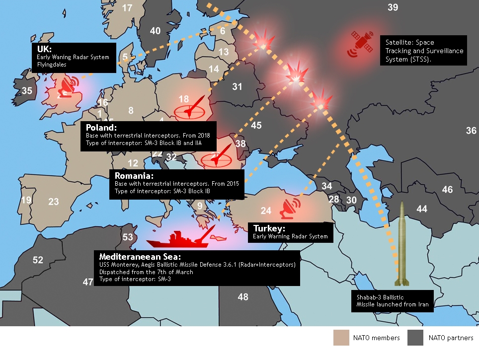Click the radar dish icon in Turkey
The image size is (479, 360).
pos(290,209)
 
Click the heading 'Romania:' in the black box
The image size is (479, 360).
pos(134,176)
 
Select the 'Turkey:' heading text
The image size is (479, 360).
pos(269,228)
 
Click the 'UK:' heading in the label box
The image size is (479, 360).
pos(44,49)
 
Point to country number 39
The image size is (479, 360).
pos(393,7)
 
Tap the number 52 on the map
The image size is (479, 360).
pos(38,260)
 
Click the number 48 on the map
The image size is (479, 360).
pos(243,297)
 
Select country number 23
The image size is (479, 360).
pos(53,201)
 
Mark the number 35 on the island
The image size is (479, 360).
pos(27,90)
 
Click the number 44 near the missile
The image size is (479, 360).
pos(421,209)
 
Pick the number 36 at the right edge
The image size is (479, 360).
pos(471,131)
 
